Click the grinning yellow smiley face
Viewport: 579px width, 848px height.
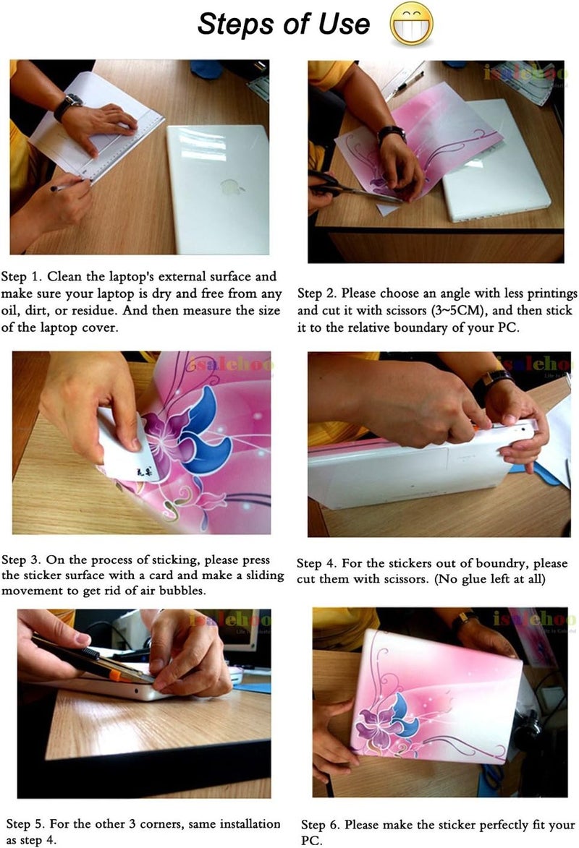(x=412, y=24)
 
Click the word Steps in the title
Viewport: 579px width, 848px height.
(x=236, y=25)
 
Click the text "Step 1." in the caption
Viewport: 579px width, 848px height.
(x=21, y=276)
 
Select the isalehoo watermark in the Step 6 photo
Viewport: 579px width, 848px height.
(x=534, y=617)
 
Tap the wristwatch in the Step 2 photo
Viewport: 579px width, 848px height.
(x=391, y=134)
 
